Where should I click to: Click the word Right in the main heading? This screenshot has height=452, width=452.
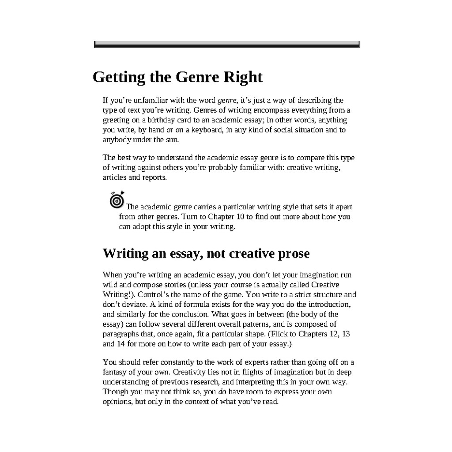[243, 77]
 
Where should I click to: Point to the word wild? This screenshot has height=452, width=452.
[109, 284]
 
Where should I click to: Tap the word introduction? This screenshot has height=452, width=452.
[329, 304]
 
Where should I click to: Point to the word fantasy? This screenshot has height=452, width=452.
[116, 372]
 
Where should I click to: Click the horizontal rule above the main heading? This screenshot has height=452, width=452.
[226, 44]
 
